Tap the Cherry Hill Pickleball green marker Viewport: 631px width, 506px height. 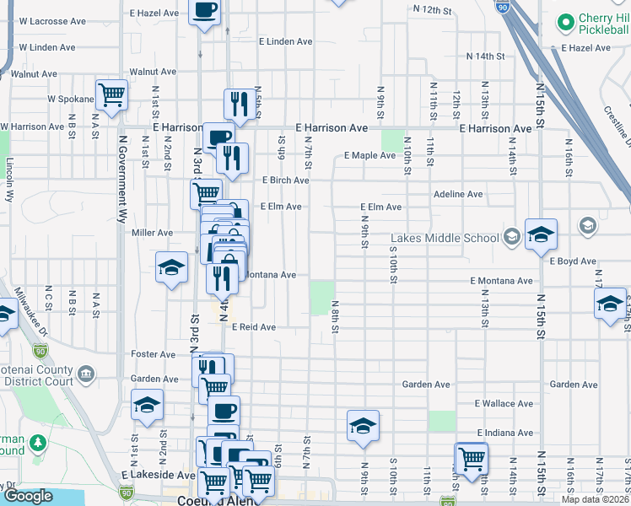click(564, 20)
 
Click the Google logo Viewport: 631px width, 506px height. click(28, 496)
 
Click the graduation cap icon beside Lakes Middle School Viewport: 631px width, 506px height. click(540, 233)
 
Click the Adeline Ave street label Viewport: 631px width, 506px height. click(458, 194)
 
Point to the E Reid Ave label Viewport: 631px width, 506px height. click(254, 326)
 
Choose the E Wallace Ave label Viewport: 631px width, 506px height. click(504, 404)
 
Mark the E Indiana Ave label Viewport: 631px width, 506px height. click(504, 432)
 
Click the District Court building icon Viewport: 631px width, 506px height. click(85, 374)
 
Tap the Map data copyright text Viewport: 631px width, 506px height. click(594, 499)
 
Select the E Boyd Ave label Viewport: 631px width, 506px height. click(573, 261)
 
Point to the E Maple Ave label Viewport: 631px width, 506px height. click(369, 155)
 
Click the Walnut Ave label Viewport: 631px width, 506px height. click(152, 73)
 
